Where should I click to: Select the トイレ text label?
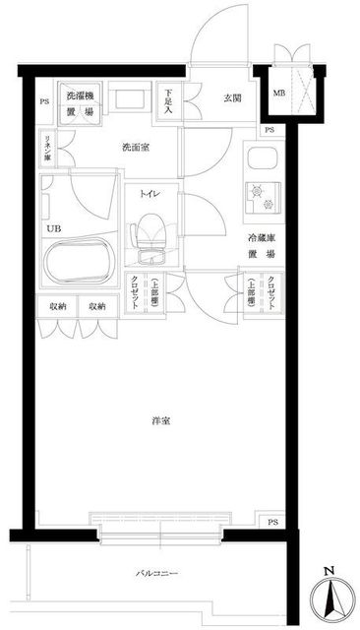point(149,194)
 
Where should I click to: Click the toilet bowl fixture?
point(150,238)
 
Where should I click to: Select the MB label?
point(278,94)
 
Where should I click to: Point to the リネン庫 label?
point(45,149)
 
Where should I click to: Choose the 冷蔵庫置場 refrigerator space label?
point(260,244)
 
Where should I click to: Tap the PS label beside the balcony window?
point(272,522)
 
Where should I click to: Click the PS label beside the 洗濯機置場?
point(43,102)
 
